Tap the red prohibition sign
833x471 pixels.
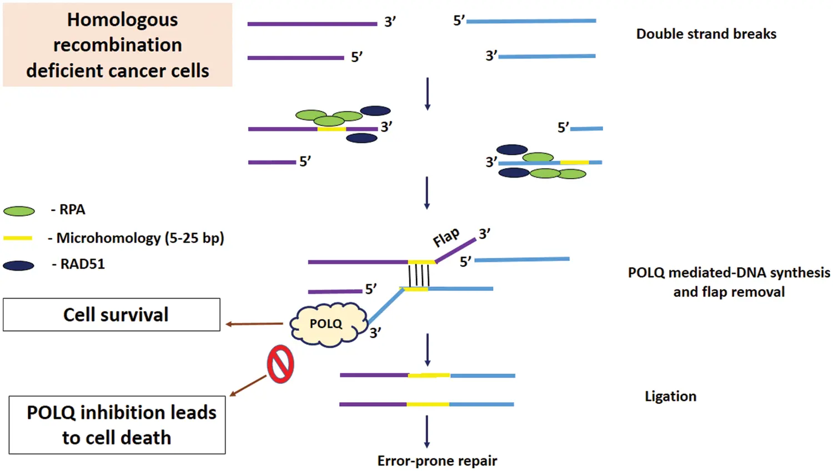[x=280, y=364]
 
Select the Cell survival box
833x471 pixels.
[x=112, y=315]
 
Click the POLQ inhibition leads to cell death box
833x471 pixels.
[x=117, y=425]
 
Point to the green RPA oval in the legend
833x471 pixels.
[x=19, y=211]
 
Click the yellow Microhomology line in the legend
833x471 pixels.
[x=18, y=238]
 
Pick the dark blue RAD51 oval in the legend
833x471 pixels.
[x=19, y=266]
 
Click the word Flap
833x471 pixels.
[x=446, y=237]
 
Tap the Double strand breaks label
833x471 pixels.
[x=706, y=34]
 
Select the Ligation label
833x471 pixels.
[x=670, y=396]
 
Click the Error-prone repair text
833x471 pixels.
[x=437, y=460]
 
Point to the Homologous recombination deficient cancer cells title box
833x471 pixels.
[x=118, y=45]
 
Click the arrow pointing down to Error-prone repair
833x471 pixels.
[x=426, y=431]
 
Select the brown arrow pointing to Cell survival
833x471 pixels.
[x=254, y=324]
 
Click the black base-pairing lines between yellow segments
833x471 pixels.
[x=419, y=275]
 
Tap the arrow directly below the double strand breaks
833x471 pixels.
[x=427, y=93]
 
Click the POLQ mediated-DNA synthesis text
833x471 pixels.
[x=729, y=273]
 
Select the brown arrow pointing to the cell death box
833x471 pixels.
[x=248, y=386]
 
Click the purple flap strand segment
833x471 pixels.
[x=455, y=251]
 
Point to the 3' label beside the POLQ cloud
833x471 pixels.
[x=375, y=333]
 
